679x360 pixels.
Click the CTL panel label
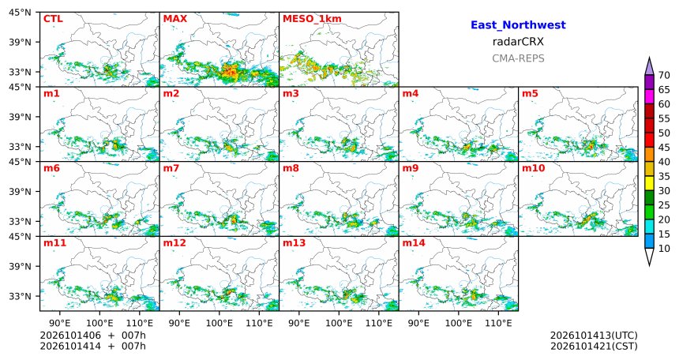click(53, 19)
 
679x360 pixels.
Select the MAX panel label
click(175, 19)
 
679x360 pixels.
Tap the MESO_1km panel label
click(312, 19)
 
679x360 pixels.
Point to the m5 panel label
click(530, 93)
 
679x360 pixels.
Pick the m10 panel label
click(533, 168)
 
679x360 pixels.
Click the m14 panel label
click(414, 243)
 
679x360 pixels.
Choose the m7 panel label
click(171, 168)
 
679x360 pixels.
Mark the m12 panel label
click(174, 243)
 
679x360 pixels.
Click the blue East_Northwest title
click(518, 25)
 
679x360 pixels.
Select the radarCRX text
click(518, 42)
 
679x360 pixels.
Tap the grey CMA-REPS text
click(518, 58)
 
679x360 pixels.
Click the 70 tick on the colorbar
click(664, 75)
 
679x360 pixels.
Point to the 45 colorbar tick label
click(664, 148)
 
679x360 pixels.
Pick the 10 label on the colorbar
click(664, 248)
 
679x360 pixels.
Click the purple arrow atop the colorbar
click(649, 66)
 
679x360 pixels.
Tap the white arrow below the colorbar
click(649, 257)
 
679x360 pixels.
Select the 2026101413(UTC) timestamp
click(594, 336)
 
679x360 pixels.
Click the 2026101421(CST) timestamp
click(594, 347)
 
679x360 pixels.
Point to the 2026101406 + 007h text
click(92, 336)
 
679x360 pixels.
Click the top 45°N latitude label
click(20, 13)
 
